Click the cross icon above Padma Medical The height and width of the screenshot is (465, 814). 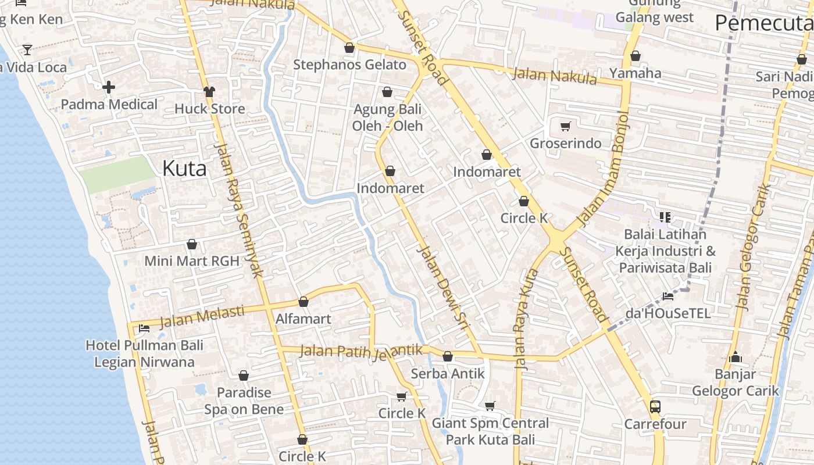click(109, 88)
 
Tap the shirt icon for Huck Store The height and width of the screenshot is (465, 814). click(209, 91)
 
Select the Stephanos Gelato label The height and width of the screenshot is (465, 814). click(349, 65)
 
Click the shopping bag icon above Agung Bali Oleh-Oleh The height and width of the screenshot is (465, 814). click(387, 92)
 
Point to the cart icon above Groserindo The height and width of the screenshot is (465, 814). click(565, 126)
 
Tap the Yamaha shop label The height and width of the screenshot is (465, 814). click(635, 73)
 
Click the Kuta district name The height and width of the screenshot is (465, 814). click(184, 169)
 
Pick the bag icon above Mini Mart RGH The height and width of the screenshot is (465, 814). click(192, 244)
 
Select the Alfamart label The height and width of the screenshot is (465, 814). click(303, 319)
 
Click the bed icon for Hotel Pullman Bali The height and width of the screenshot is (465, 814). click(144, 328)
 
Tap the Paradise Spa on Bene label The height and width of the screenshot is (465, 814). click(244, 401)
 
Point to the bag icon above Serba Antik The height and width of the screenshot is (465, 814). click(448, 356)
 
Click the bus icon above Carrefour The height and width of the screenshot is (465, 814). click(655, 406)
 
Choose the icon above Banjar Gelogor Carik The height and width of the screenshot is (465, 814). click(735, 357)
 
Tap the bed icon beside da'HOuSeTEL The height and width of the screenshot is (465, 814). click(668, 296)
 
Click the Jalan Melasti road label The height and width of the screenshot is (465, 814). click(202, 316)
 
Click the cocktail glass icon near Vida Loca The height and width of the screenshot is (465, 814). click(27, 49)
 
